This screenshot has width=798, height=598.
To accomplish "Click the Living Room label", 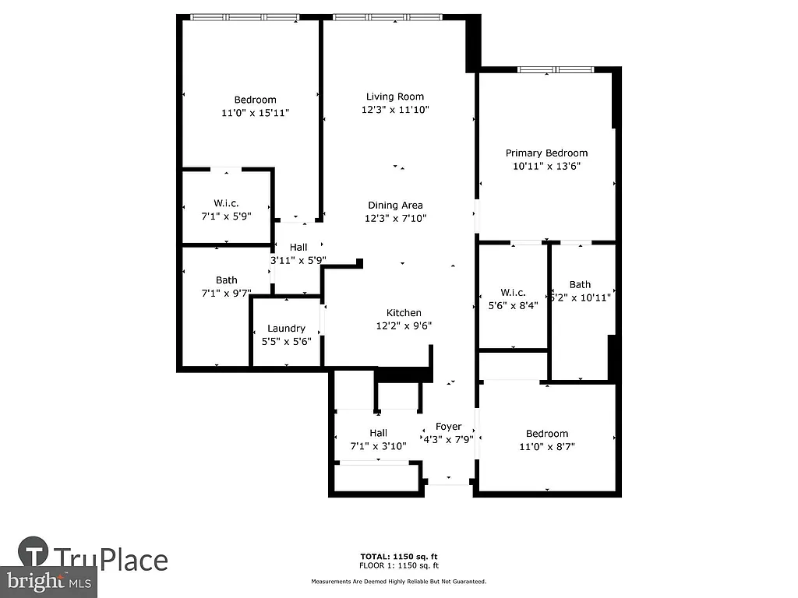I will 395,97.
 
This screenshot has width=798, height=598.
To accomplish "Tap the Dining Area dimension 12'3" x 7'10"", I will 395,219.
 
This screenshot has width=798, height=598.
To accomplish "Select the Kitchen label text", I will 404,313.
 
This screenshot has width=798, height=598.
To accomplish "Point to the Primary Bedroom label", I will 546,153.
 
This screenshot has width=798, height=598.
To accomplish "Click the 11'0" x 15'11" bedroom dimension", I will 255,113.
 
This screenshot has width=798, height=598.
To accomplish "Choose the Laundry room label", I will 286,328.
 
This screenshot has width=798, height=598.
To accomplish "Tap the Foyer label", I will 448,426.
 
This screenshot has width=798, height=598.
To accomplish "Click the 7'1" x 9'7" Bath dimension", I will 227,294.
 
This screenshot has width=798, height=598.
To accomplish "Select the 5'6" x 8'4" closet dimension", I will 513,306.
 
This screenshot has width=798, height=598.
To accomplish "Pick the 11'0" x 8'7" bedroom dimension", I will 546,447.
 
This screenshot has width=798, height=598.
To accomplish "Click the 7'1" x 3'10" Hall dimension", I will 378,446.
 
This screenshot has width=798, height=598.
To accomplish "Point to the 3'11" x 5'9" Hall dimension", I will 298,261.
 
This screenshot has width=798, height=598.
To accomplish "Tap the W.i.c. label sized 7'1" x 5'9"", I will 226,203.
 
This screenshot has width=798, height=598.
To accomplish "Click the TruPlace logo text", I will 110,559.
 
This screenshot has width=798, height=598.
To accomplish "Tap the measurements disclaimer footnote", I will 398,582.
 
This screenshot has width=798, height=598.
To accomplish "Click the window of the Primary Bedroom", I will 556,70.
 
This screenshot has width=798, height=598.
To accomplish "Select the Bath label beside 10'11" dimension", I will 580,284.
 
